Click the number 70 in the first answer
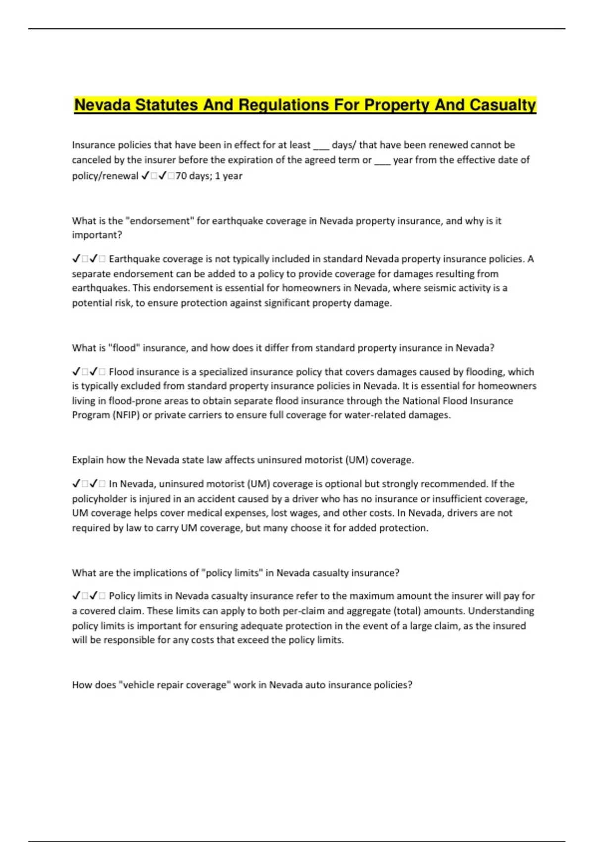(181, 176)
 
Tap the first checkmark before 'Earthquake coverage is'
(77, 259)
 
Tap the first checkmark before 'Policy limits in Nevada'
(77, 596)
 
